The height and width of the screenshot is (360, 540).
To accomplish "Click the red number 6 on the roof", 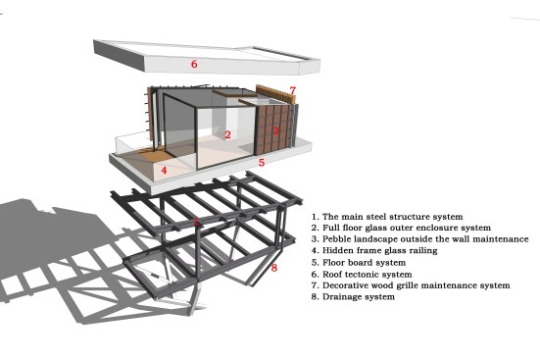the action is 194,64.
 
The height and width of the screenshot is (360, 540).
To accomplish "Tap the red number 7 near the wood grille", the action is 292,90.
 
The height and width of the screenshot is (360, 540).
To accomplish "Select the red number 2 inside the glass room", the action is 227,134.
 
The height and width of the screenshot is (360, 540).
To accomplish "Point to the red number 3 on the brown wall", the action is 275,130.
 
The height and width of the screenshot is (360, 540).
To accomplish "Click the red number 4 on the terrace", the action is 164,170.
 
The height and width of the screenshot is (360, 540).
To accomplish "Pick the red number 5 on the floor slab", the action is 262,162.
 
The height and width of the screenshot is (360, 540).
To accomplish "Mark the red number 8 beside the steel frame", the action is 274,268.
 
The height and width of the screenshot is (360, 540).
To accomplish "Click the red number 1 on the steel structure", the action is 196,222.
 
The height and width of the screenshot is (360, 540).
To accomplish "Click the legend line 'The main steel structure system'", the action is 387,217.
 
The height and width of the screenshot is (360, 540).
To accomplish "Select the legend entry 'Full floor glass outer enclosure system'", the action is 401,228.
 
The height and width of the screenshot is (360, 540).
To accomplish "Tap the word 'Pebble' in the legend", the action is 337,239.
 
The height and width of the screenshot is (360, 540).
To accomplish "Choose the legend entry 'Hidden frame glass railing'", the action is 374,250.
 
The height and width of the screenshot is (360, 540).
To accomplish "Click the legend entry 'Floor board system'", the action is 359,263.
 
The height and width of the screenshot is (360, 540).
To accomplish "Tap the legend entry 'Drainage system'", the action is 353,297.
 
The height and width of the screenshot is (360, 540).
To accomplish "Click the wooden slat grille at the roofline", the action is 275,93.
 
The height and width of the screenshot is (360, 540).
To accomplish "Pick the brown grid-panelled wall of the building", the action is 273,129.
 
